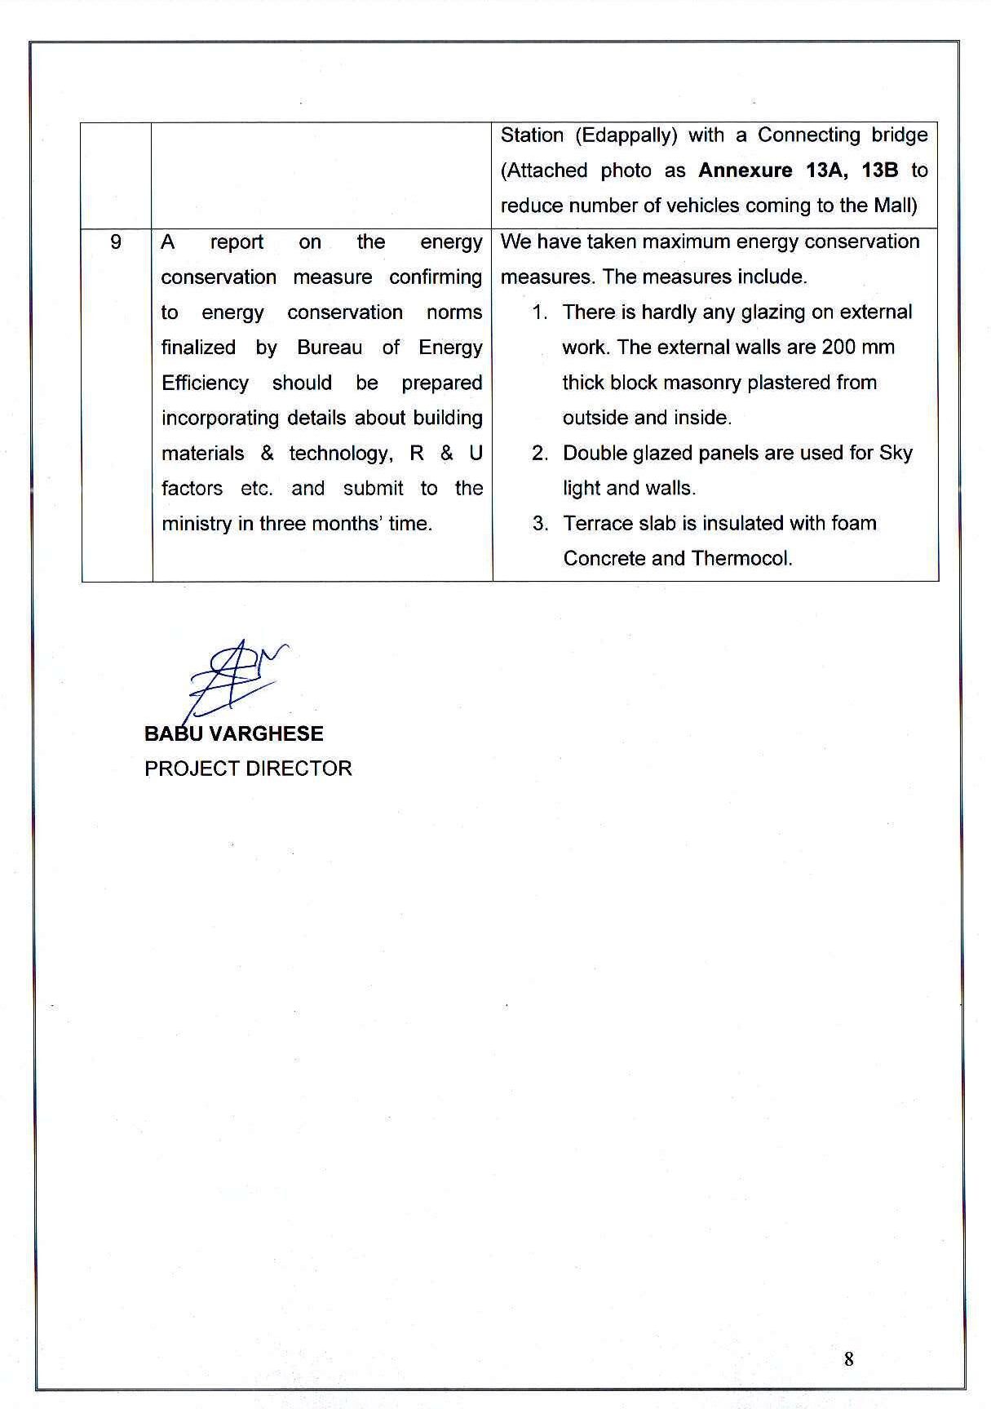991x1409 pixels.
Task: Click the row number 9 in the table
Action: click(x=116, y=241)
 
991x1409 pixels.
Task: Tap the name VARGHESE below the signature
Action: click(x=266, y=733)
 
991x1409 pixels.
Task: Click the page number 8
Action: click(x=849, y=1358)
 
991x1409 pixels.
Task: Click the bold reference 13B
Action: click(x=880, y=171)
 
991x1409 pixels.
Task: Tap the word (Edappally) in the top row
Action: click(x=626, y=135)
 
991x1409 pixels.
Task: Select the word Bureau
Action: click(x=330, y=348)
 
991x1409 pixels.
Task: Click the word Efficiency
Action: click(x=205, y=383)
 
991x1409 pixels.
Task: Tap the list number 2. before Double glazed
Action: click(x=540, y=454)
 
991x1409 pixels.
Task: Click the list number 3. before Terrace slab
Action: click(x=540, y=524)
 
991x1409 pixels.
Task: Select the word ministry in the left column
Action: click(x=196, y=524)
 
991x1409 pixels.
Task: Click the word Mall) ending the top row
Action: click(x=896, y=206)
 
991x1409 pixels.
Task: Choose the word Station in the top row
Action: click(x=532, y=135)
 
